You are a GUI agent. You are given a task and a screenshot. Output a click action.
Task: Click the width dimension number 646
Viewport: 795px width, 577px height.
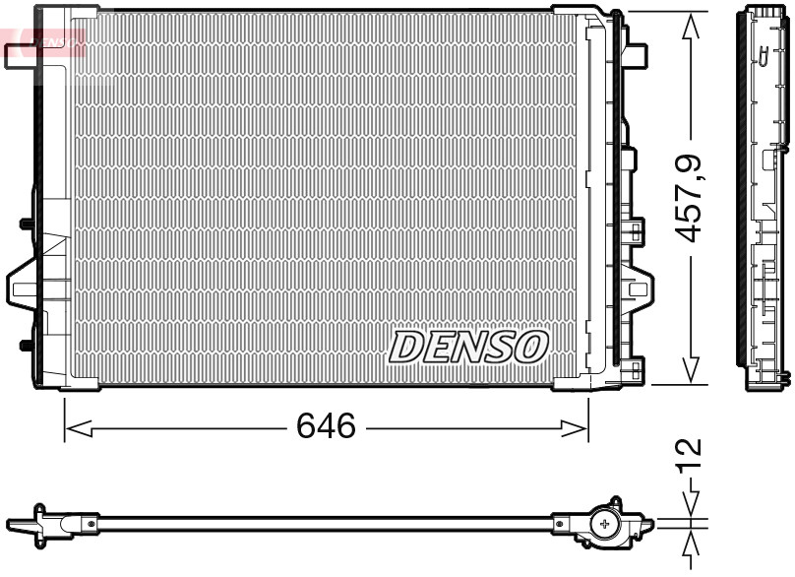click(x=326, y=426)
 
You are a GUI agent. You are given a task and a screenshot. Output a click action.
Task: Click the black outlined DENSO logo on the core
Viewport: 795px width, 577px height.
click(x=468, y=347)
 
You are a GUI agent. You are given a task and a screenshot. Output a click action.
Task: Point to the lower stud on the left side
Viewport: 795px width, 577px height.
click(x=25, y=345)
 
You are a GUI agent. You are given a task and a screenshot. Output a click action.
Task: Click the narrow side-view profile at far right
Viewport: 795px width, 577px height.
click(x=764, y=197)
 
